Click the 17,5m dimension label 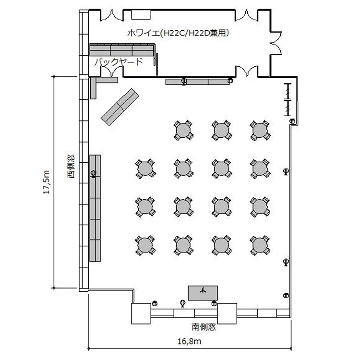click(47, 182)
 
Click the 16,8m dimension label click(190, 341)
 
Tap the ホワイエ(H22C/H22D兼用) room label click(179, 33)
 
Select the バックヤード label click(119, 62)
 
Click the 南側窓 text click(204, 327)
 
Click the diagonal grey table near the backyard click(120, 107)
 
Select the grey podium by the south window click(203, 293)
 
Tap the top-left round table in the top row click(183, 130)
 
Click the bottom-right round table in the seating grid click(260, 245)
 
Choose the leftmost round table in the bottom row click(145, 245)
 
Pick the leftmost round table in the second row click(145, 168)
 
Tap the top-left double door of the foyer click(112, 15)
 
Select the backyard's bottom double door click(112, 72)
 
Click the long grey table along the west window click(95, 208)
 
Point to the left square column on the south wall click(141, 313)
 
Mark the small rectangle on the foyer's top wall click(141, 14)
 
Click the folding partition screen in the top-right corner click(288, 100)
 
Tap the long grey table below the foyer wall click(197, 82)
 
